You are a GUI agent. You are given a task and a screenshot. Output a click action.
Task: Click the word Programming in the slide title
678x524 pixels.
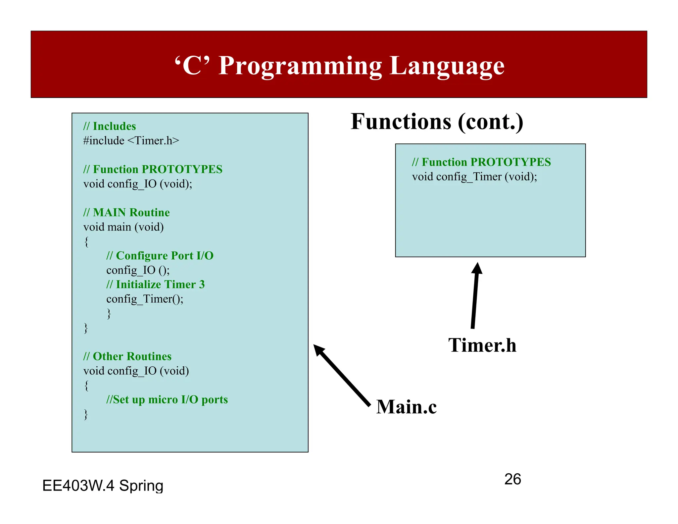coord(300,66)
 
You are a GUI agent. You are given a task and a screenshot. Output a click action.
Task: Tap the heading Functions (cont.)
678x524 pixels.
coord(437,122)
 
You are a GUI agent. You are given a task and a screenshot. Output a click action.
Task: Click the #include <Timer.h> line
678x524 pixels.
coord(131,141)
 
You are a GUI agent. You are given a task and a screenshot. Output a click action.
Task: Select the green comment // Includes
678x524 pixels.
coord(110,126)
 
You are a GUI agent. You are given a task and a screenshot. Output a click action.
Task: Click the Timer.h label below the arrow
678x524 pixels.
coord(482,345)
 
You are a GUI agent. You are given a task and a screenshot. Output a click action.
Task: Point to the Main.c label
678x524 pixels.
coord(406,407)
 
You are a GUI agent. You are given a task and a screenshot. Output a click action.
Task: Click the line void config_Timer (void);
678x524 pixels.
coord(474,177)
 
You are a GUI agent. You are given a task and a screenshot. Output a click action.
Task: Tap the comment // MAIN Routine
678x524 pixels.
coord(126,212)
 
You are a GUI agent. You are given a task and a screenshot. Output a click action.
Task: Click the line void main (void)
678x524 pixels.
coord(123,227)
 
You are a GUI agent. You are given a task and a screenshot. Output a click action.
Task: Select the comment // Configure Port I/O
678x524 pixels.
coord(160,256)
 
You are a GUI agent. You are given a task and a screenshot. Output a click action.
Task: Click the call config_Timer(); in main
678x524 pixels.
coord(145,299)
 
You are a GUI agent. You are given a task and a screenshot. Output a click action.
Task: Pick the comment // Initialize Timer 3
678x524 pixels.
coord(156,285)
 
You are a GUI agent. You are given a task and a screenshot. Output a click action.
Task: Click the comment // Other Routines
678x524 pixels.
coord(127,356)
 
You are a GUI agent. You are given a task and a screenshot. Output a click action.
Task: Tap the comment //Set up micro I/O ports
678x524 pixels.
coord(167,400)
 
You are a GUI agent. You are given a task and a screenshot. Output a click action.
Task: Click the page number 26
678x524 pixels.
coord(512,479)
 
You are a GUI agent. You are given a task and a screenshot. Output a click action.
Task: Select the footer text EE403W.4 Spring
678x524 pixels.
coord(103,486)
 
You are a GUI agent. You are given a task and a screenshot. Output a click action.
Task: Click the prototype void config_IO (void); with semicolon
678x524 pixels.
coord(138,184)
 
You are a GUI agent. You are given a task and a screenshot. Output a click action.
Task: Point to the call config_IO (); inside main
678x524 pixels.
coord(138,270)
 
